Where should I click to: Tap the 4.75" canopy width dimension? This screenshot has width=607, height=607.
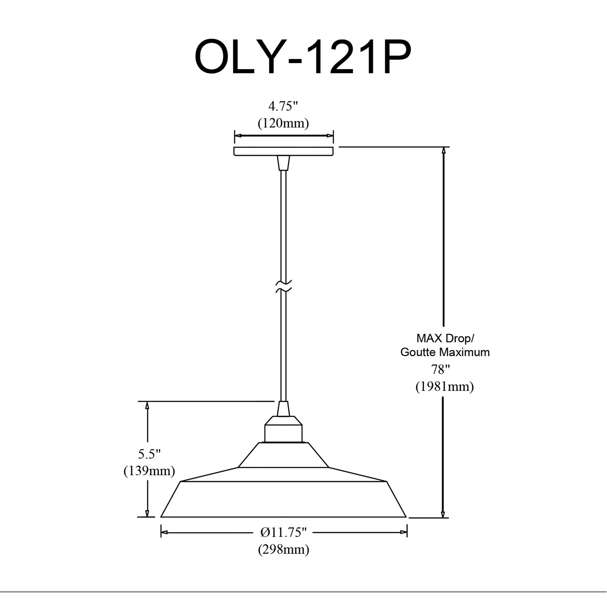tap(283, 106)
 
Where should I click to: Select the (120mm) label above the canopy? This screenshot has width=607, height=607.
tap(283, 123)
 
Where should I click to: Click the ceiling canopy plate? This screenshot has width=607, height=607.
tap(284, 151)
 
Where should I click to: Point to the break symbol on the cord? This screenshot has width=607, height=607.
tap(283, 286)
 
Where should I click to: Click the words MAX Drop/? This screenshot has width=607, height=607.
tap(445, 338)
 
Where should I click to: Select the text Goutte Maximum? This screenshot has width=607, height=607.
tap(445, 352)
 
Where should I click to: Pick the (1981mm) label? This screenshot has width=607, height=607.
tap(444, 387)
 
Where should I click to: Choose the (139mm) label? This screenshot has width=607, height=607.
tap(149, 471)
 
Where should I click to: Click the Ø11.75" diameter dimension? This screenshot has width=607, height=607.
tap(284, 533)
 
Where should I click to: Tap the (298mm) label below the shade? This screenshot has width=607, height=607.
tap(284, 549)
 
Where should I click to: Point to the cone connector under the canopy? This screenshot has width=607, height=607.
tap(283, 163)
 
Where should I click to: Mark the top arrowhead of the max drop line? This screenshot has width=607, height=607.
tap(444, 151)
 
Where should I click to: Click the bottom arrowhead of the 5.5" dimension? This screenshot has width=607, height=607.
tap(147, 513)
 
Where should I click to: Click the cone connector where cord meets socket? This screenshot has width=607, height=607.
tap(283, 409)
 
